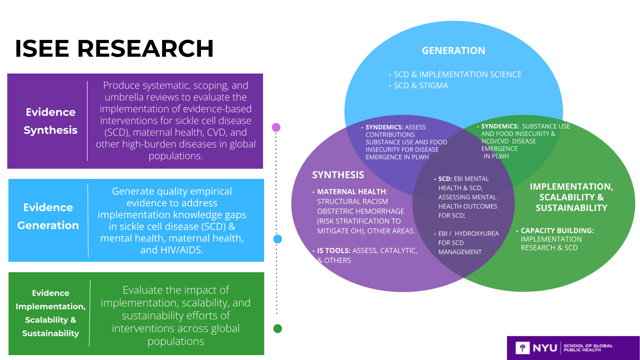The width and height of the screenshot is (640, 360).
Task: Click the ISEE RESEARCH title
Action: click(114, 48)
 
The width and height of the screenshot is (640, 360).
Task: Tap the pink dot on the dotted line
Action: click(276, 127)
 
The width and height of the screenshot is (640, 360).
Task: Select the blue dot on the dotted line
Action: click(277, 239)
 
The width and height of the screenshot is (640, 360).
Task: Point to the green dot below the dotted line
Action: click(277, 328)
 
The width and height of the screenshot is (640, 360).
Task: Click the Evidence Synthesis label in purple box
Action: click(50, 121)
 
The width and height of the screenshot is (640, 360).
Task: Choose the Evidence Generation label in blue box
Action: click(48, 216)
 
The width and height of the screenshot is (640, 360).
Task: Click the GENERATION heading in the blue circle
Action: click(453, 50)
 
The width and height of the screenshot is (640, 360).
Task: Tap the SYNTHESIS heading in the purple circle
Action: click(338, 174)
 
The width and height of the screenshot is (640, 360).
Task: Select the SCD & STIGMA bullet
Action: click(421, 85)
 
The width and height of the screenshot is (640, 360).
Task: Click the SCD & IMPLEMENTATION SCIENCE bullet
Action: click(457, 74)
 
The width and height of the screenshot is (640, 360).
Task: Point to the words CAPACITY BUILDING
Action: click(557, 230)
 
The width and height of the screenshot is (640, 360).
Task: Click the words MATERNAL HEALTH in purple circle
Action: click(351, 191)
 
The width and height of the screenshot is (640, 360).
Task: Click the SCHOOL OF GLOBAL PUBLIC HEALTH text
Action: click(587, 347)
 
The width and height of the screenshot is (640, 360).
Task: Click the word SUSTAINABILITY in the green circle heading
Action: click(571, 207)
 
